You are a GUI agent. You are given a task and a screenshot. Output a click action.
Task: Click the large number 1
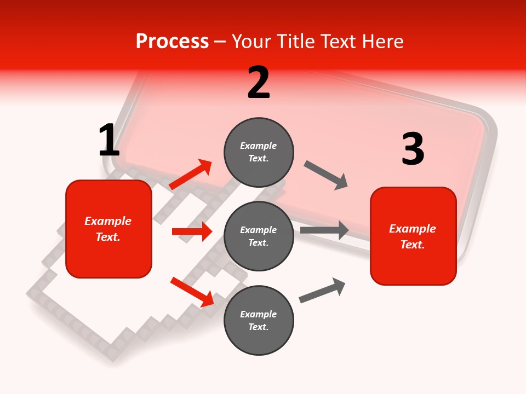[x=109, y=141]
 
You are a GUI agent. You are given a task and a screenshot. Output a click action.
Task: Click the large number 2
[x=259, y=83]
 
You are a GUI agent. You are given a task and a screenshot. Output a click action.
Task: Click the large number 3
[x=413, y=149]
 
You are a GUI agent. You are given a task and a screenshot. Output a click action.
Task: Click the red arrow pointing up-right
[x=191, y=175]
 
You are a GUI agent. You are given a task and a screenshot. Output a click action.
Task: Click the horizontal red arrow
[x=192, y=231]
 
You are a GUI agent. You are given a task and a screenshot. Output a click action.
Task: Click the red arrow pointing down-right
[x=192, y=291]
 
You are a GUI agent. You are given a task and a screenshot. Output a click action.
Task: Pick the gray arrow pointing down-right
[x=326, y=175]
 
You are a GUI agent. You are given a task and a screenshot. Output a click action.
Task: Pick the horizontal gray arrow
[x=324, y=230]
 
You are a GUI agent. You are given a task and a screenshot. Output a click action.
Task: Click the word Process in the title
[x=172, y=41]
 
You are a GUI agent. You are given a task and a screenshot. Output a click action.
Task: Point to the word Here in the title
[x=382, y=41]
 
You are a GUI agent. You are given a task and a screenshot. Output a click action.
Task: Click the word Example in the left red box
[x=108, y=221]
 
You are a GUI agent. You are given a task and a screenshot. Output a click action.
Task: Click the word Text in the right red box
[x=412, y=245]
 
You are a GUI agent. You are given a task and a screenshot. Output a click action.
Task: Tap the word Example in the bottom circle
[x=258, y=314]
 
